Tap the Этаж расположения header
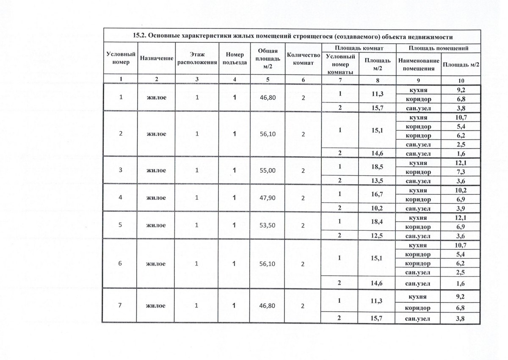pos(196,60)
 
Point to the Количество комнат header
pos(302,60)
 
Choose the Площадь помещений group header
pos(438,48)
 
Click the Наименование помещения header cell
pos(418,64)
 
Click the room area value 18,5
pos(375,167)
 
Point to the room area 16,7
pos(375,195)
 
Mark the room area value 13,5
pos(375,181)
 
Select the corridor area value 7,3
pos(461,172)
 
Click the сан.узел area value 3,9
pos(461,209)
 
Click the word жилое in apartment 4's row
pos(156,198)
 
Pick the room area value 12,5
pos(375,236)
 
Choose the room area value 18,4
pos(375,222)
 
